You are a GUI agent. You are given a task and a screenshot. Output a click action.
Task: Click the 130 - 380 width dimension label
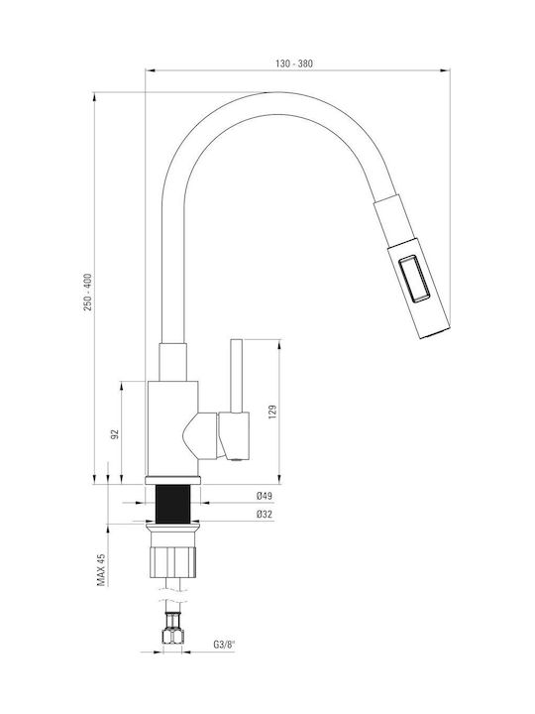tap(294, 63)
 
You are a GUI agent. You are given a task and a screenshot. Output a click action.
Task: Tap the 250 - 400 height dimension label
tap(87, 292)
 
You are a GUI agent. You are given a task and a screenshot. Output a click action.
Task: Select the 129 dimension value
tap(272, 412)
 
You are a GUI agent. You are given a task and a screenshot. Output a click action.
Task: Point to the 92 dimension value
tap(115, 433)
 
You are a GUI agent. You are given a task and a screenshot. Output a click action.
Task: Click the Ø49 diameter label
tap(264, 496)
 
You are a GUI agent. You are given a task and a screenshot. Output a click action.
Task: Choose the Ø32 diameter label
tap(264, 515)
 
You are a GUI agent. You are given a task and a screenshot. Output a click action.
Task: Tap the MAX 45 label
tap(101, 569)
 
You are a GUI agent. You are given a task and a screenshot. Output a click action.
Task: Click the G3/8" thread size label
tap(224, 645)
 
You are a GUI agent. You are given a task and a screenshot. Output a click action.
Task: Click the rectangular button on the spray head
tap(414, 279)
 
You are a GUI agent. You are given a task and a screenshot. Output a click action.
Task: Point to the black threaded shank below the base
tap(172, 504)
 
